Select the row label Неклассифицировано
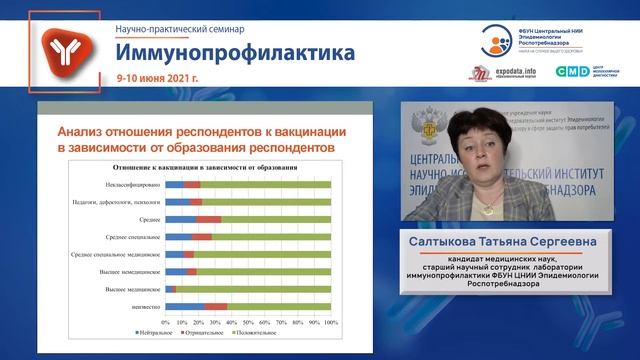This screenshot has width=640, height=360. point(127,185)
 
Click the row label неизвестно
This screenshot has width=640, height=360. point(141,306)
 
